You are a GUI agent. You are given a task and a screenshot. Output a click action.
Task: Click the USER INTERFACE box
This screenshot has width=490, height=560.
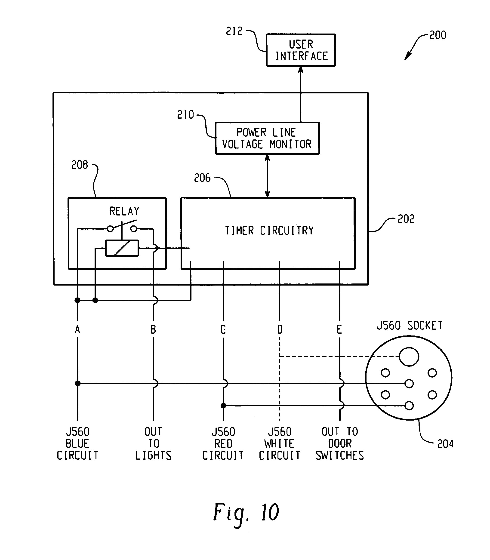click(x=301, y=50)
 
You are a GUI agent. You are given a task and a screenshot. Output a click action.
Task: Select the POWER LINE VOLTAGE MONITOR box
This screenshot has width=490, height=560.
click(x=267, y=138)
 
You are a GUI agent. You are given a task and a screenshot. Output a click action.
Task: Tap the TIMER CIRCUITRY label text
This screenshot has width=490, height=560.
click(x=269, y=231)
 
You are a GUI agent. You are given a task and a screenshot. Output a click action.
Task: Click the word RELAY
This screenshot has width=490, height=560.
click(x=124, y=211)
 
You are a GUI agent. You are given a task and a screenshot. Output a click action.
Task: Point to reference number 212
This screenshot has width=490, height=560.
click(x=234, y=31)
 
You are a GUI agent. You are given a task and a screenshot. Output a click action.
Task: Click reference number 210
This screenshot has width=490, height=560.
click(x=185, y=115)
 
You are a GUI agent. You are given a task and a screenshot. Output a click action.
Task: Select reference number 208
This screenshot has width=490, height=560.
click(x=80, y=165)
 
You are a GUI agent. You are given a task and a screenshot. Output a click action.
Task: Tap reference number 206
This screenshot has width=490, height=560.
click(x=202, y=178)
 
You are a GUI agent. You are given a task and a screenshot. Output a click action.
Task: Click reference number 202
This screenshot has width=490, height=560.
click(x=406, y=219)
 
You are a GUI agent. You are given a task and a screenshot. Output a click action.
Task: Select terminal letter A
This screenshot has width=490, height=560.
click(x=77, y=329)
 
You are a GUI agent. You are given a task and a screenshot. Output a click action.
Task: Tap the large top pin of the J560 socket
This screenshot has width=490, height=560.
click(x=409, y=357)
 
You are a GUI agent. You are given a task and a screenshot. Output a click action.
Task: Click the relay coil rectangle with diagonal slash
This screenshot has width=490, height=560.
click(x=122, y=248)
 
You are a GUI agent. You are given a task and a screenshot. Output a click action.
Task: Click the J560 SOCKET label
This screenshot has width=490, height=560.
click(x=409, y=325)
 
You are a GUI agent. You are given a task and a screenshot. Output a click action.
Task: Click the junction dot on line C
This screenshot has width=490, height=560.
click(x=223, y=406)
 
